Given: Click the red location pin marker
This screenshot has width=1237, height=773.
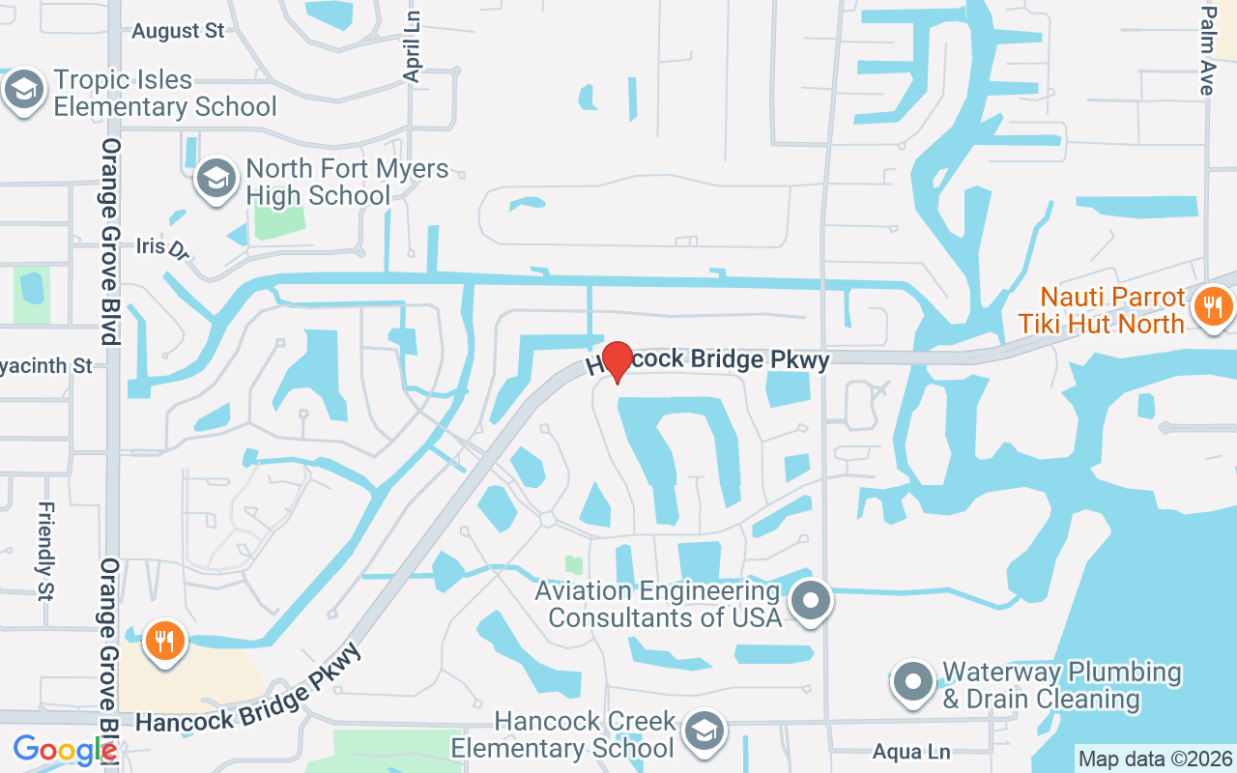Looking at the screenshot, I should pyautogui.click(x=618, y=361).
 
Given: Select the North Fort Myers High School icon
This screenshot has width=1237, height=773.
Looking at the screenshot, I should pyautogui.click(x=216, y=179).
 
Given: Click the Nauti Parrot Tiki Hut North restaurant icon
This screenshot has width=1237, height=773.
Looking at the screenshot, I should pyautogui.click(x=1212, y=308).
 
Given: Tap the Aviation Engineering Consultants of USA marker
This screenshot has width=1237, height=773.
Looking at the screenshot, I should pyautogui.click(x=812, y=601).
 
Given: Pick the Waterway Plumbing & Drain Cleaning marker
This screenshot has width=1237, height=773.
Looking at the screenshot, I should pyautogui.click(x=912, y=682).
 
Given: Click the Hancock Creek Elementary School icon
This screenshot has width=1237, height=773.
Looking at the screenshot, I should pyautogui.click(x=705, y=731).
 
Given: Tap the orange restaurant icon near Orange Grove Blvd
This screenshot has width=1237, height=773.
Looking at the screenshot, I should pyautogui.click(x=163, y=642).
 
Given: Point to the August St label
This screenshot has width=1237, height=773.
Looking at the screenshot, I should pyautogui.click(x=178, y=31).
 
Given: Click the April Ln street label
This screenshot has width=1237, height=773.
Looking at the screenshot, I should pyautogui.click(x=413, y=47).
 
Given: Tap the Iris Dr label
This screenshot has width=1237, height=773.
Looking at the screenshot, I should pyautogui.click(x=162, y=247).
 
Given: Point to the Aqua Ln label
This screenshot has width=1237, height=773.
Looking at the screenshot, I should pyautogui.click(x=911, y=752).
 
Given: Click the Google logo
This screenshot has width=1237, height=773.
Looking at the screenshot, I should pyautogui.click(x=64, y=750).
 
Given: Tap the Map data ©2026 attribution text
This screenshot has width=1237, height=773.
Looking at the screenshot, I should pyautogui.click(x=1156, y=759).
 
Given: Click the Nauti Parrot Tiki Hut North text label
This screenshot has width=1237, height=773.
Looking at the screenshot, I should pyautogui.click(x=1102, y=309).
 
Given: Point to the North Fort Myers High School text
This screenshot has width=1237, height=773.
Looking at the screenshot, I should pyautogui.click(x=347, y=182).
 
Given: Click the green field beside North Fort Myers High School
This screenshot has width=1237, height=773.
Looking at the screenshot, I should pyautogui.click(x=278, y=221).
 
